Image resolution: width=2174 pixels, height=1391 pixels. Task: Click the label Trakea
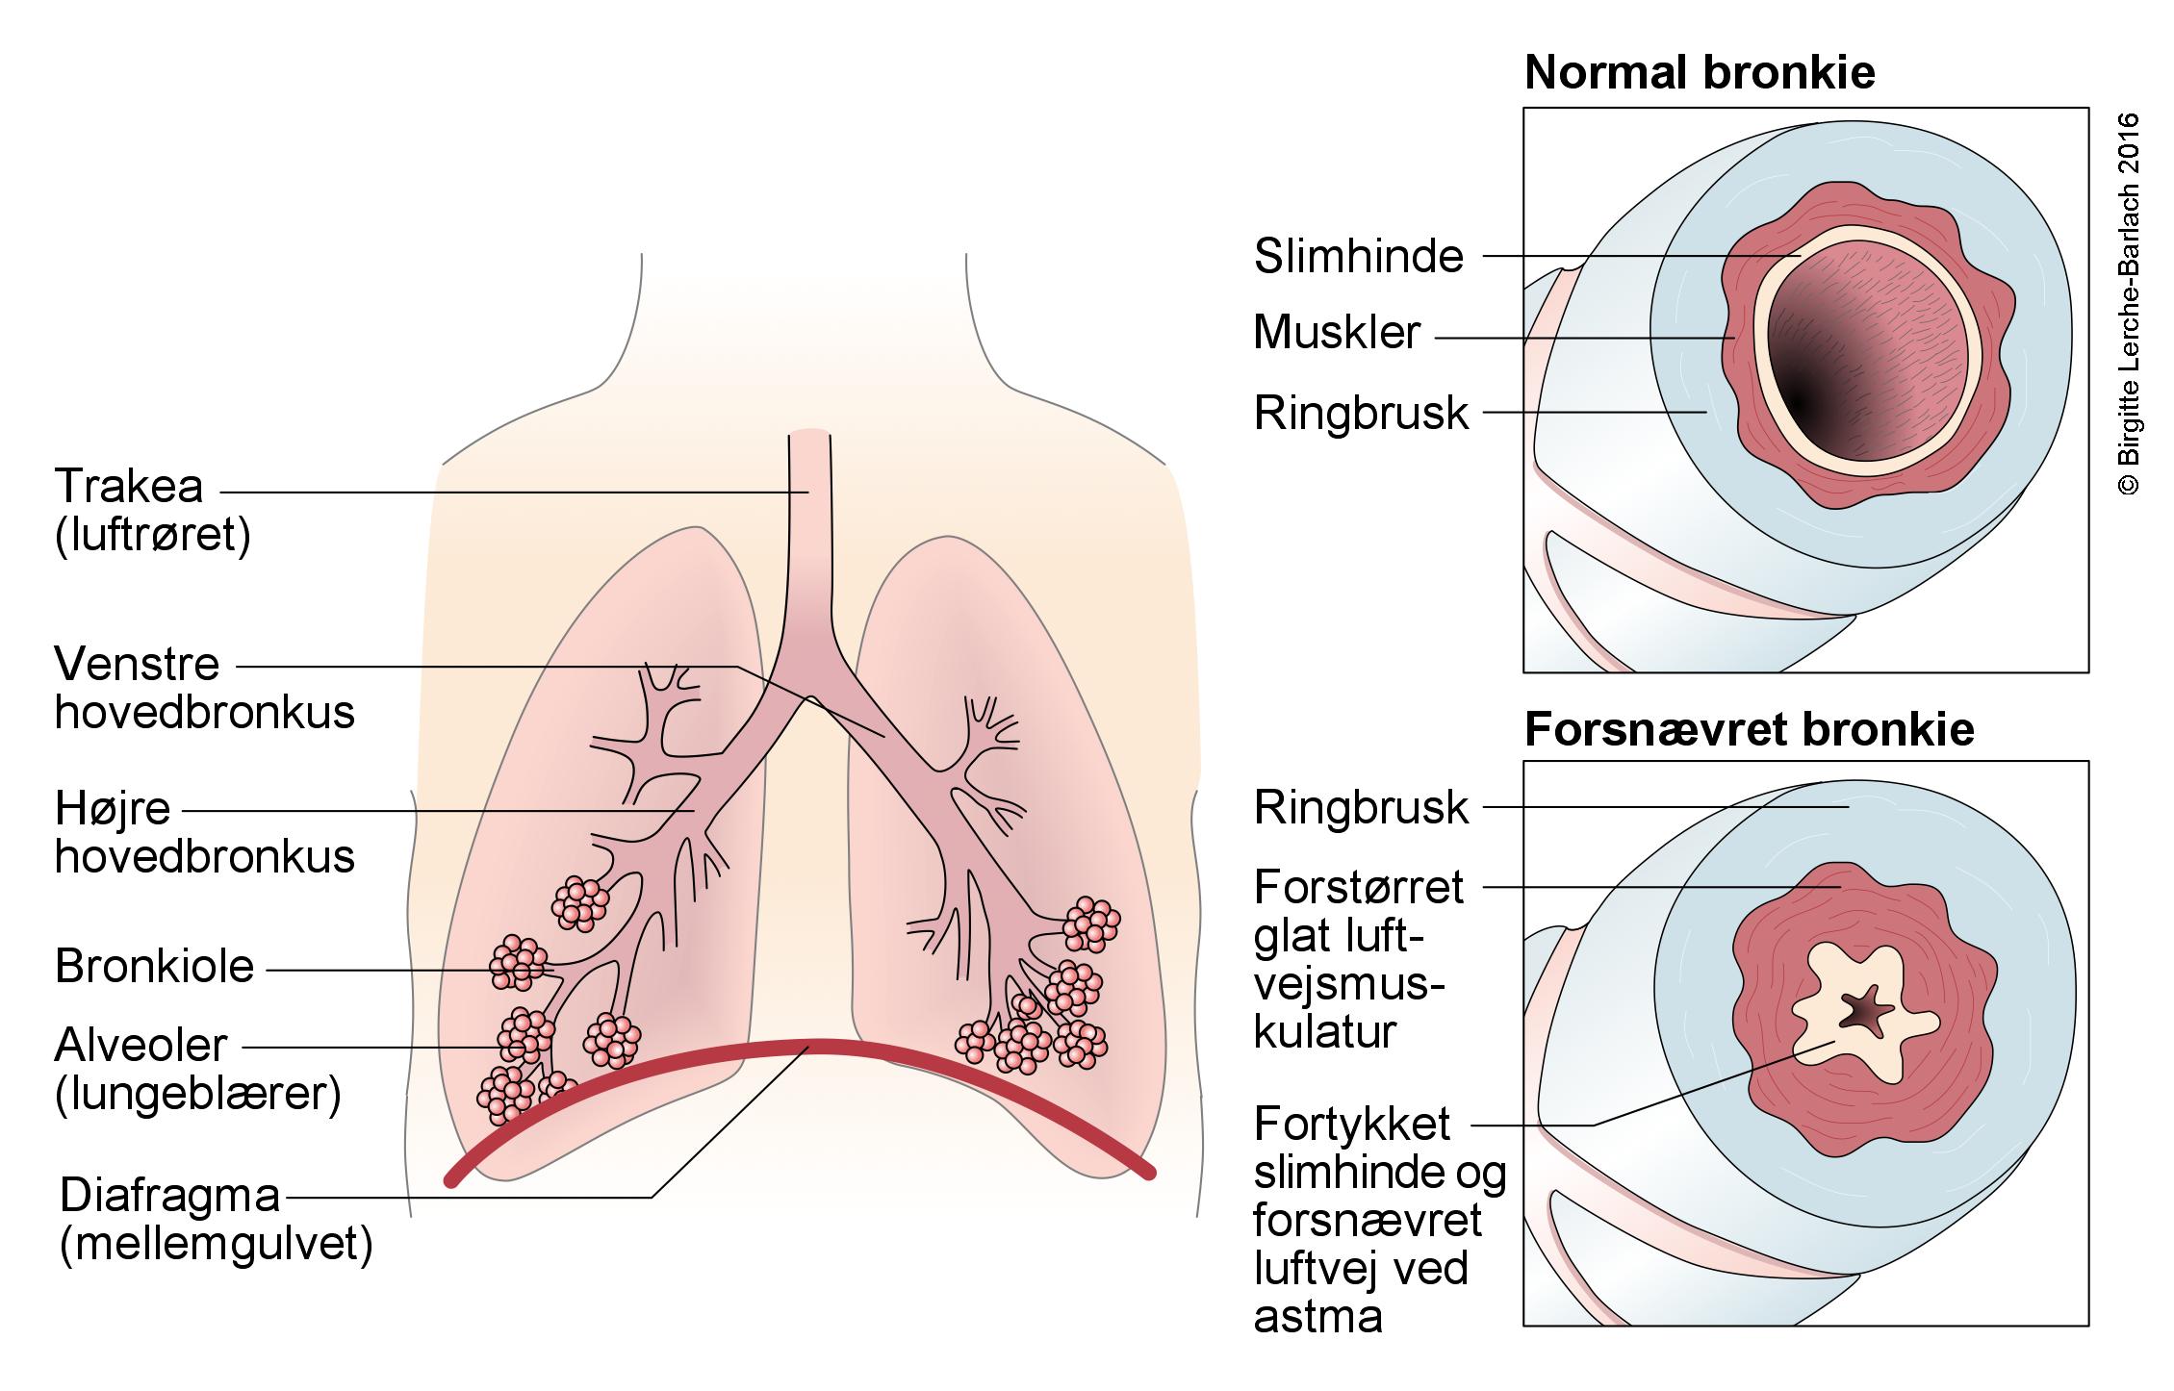[x=129, y=487]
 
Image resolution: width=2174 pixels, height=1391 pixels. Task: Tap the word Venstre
[x=138, y=665]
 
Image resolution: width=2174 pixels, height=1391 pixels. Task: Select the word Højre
[x=113, y=809]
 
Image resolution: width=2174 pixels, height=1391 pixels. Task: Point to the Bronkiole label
[x=155, y=967]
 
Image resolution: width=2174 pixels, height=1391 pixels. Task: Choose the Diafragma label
[x=170, y=1196]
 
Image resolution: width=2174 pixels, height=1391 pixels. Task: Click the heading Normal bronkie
[x=1700, y=74]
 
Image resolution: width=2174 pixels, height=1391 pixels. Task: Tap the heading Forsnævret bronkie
[x=1750, y=730]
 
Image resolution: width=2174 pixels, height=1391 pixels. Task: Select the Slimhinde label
[x=1359, y=257]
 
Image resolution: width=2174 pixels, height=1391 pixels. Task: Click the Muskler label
[x=1337, y=333]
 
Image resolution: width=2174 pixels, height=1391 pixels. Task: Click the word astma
[x=1317, y=1316]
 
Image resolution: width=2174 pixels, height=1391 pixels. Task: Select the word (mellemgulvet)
[x=216, y=1245]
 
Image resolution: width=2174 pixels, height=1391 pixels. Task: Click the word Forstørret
[x=1359, y=888]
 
